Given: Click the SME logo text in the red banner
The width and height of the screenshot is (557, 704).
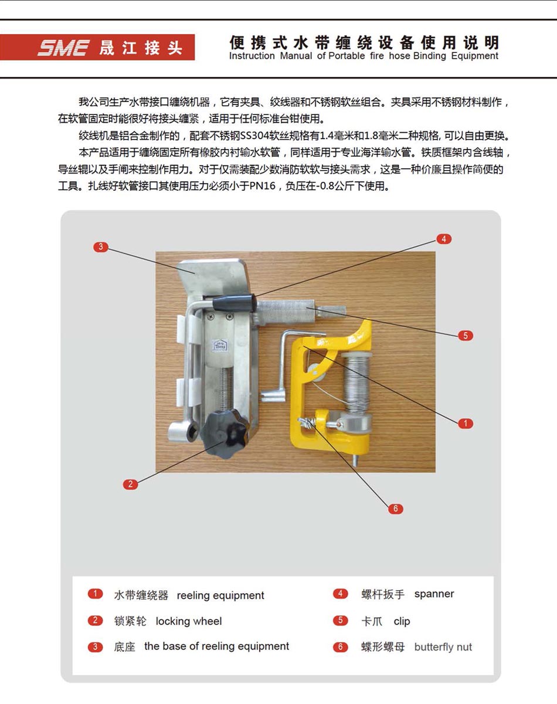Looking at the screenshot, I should click(x=63, y=48).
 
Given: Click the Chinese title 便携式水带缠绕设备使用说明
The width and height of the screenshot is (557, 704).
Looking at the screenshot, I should click(x=364, y=42).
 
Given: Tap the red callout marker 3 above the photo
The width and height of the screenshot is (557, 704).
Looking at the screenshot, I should click(x=100, y=247).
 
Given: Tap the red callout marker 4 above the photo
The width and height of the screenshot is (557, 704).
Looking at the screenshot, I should click(x=444, y=239).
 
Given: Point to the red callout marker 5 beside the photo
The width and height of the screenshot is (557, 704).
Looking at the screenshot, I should click(x=465, y=336).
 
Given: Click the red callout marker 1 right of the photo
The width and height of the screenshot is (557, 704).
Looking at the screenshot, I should click(x=465, y=423).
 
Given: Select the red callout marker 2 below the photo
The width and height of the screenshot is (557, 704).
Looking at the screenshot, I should click(x=130, y=484).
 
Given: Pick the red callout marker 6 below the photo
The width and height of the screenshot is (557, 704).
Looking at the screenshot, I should click(x=395, y=509).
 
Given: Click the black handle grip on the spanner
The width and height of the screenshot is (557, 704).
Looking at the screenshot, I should click(x=234, y=303).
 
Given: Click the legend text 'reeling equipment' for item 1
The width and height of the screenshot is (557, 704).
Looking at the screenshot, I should click(x=220, y=595).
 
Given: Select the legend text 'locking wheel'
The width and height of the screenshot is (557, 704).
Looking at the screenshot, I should click(x=189, y=621).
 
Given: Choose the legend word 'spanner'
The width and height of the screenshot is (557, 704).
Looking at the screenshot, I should click(x=434, y=594).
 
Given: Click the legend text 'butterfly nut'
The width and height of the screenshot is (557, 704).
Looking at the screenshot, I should click(x=443, y=648).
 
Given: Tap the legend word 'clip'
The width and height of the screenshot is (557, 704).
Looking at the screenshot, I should click(x=402, y=621).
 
